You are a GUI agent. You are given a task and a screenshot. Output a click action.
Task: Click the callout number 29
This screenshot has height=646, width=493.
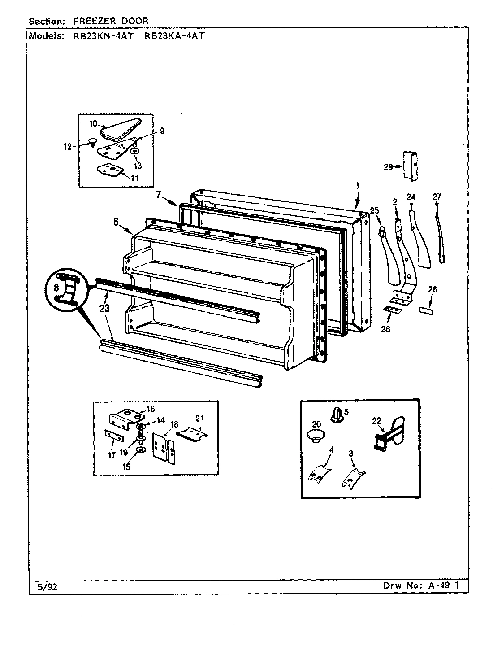[x=388, y=167]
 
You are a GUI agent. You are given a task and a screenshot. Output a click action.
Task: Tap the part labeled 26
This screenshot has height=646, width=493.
[x=425, y=310]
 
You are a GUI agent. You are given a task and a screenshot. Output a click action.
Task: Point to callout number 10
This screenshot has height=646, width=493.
[x=93, y=123]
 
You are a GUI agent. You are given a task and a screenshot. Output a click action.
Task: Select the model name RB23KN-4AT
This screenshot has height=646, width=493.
[x=103, y=36]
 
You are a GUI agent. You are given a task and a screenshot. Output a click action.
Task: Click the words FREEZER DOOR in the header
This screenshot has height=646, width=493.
[x=111, y=21]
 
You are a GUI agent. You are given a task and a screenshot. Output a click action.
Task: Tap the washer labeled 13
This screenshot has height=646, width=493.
[x=134, y=152]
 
